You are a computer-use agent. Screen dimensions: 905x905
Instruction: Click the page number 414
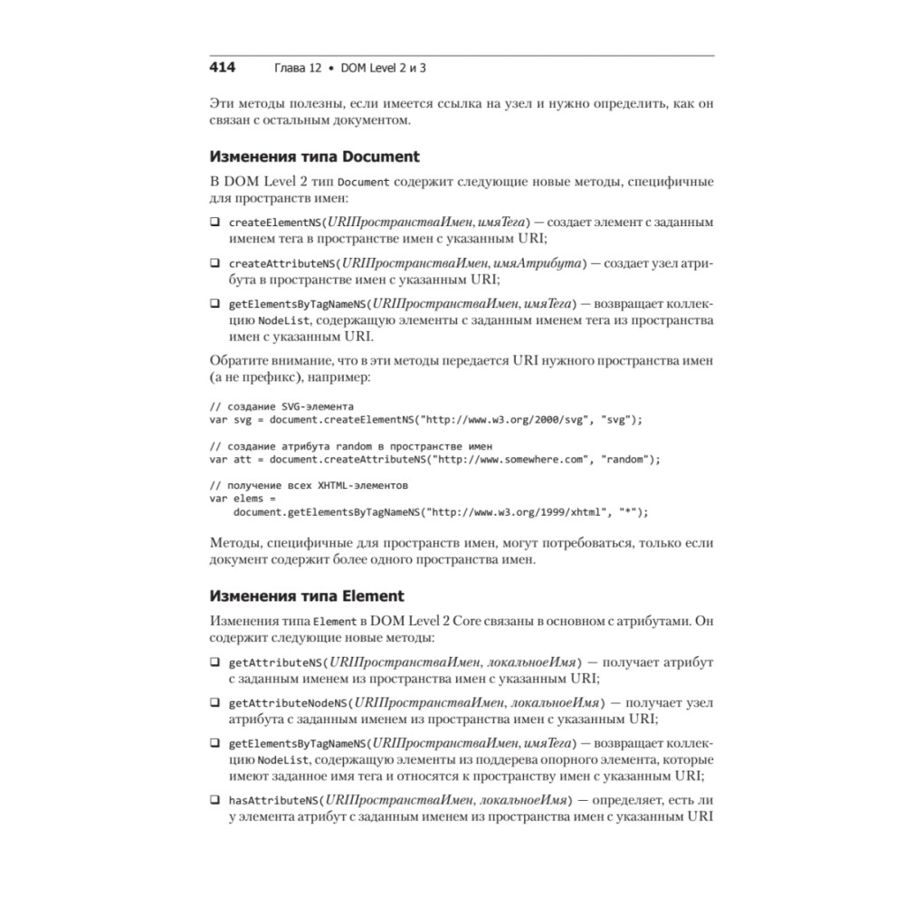click(x=223, y=67)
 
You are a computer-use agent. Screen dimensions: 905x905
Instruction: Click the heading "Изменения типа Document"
click(x=314, y=157)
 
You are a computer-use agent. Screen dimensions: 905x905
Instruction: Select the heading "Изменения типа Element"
click(x=307, y=596)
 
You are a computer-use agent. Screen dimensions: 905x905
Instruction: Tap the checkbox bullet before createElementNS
click(x=214, y=222)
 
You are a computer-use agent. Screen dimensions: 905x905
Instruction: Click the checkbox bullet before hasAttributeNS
click(x=214, y=800)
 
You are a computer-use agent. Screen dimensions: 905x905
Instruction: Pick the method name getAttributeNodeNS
click(x=289, y=702)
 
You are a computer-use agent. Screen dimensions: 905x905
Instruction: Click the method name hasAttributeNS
click(x=273, y=800)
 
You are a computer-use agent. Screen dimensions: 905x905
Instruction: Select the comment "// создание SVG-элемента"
click(x=281, y=405)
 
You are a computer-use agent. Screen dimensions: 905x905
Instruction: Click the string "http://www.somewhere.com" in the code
click(x=508, y=460)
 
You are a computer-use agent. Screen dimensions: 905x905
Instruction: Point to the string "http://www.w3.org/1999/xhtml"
click(x=520, y=512)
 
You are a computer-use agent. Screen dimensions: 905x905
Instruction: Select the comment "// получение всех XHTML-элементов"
click(x=309, y=486)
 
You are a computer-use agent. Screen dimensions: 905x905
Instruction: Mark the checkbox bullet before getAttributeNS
click(x=214, y=662)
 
